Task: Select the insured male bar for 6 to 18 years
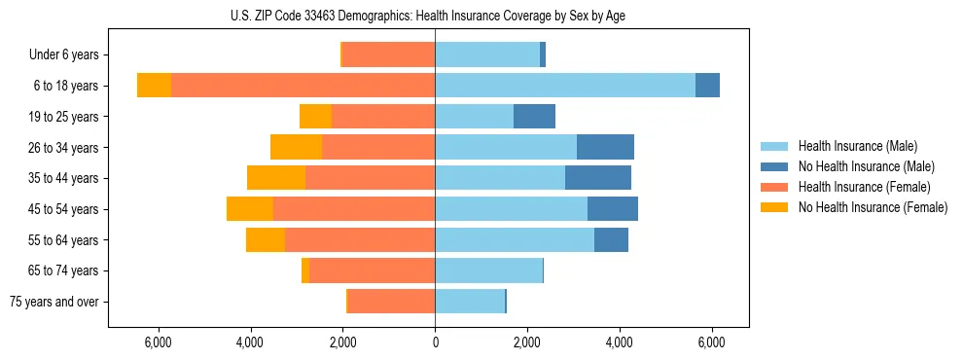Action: click(565, 86)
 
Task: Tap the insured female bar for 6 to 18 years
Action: click(303, 86)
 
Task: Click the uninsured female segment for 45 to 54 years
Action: click(250, 209)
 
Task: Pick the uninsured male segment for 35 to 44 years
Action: click(598, 178)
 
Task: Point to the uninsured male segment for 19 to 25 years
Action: click(534, 117)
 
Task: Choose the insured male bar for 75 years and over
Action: click(470, 302)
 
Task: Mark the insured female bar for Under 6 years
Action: click(389, 54)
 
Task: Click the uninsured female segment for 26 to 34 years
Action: click(296, 147)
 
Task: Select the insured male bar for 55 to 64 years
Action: click(515, 239)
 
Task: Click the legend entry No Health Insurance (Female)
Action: click(873, 207)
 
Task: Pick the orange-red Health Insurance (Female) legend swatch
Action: click(774, 187)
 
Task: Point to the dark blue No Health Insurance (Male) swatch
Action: click(774, 166)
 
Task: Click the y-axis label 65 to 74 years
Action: click(64, 271)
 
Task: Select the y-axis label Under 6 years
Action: click(70, 55)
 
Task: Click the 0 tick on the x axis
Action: click(435, 342)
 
